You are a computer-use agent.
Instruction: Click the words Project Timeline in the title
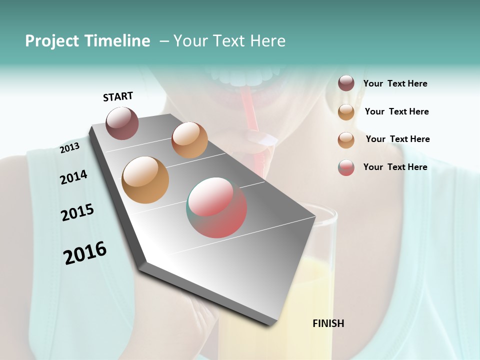pos(87,41)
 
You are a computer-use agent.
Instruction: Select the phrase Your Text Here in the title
pos(229,41)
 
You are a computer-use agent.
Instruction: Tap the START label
pos(118,96)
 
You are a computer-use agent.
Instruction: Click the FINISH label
pos(328,323)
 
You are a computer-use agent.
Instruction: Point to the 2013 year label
pos(70,147)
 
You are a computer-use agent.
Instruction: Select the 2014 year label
pos(73,177)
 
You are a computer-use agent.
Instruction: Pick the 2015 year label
pos(77,212)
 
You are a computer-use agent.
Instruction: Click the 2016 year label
pos(85,253)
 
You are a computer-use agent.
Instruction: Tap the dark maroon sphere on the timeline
pos(122,123)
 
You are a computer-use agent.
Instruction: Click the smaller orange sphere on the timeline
pos(189,140)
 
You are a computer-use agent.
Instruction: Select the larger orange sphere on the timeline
pos(145,180)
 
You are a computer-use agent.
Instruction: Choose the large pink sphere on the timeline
pos(216,207)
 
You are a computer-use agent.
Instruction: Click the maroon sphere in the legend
pos(346,83)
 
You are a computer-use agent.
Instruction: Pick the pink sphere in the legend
pos(346,167)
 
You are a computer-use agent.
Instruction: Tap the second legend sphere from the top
pos(346,112)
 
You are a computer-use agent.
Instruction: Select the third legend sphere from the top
pos(346,140)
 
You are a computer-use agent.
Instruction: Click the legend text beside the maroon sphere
pos(395,84)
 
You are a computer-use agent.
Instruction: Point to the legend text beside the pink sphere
pos(395,167)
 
